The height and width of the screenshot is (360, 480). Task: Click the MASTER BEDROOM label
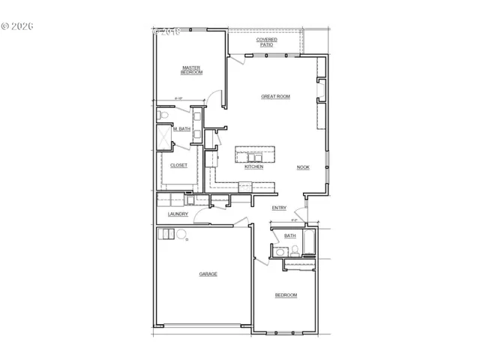click(192, 70)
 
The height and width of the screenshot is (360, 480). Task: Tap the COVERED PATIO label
click(266, 42)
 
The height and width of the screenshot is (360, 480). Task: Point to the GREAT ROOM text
click(275, 96)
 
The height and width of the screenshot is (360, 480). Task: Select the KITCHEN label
click(253, 166)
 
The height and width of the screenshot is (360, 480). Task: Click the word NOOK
click(303, 167)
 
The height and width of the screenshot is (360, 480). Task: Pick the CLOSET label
click(178, 165)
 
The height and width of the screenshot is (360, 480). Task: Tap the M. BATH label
click(181, 130)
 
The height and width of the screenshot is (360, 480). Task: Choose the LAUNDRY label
click(178, 214)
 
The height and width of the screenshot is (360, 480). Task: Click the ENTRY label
click(279, 208)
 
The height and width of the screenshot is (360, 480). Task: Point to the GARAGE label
click(208, 274)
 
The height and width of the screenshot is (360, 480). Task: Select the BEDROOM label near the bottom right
click(286, 295)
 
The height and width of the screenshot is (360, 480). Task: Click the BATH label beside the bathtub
click(289, 235)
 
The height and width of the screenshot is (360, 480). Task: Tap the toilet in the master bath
click(161, 116)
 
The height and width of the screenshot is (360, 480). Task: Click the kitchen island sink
click(247, 156)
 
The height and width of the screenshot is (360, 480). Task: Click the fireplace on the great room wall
click(322, 89)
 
